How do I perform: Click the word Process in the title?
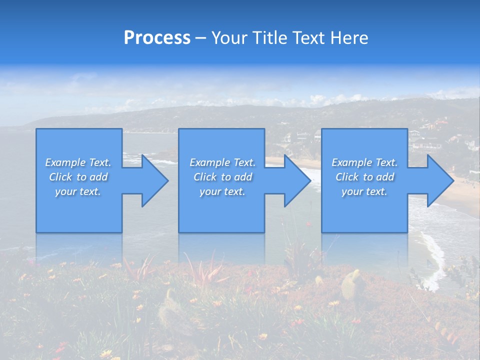[x=157, y=38]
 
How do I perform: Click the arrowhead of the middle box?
[x=297, y=180]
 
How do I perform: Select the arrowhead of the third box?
[x=439, y=180]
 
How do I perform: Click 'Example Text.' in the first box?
[x=78, y=162]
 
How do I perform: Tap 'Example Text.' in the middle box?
[x=222, y=162]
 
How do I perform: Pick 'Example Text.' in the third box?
[x=364, y=162]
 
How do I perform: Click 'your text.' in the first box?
[x=78, y=191]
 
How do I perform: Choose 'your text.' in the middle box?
[x=222, y=191]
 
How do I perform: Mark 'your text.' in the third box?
[x=364, y=191]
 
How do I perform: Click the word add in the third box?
[x=385, y=177]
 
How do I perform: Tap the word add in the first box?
[x=98, y=177]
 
